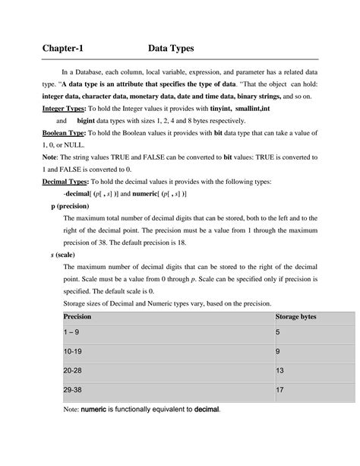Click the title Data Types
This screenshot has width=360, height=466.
[x=172, y=49]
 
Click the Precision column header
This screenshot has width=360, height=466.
[x=77, y=315]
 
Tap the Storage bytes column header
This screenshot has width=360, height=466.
[x=296, y=315]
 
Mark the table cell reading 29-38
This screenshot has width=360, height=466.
[x=73, y=391]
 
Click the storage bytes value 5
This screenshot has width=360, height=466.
[x=278, y=333]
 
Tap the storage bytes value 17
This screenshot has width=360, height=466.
[x=279, y=391]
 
